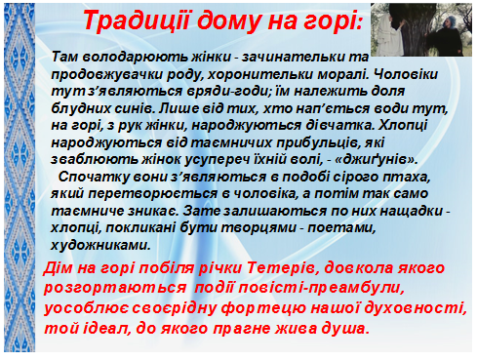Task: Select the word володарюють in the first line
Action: click(x=135, y=57)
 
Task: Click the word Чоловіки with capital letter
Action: click(x=405, y=74)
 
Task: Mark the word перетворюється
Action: click(x=153, y=194)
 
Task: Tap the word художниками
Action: click(x=100, y=245)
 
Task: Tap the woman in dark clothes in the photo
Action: click(x=449, y=35)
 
